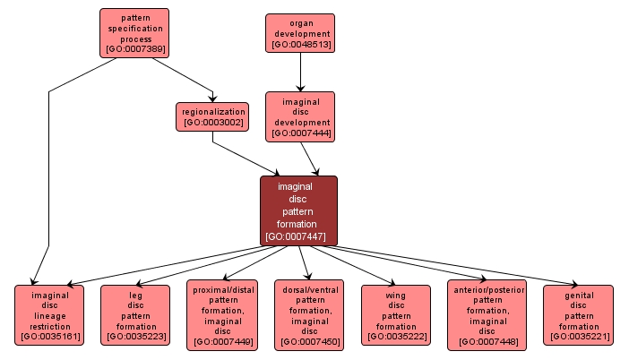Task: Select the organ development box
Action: [300, 33]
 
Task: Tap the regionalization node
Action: [212, 116]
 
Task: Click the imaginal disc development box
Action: [299, 116]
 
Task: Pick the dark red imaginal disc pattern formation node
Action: [298, 210]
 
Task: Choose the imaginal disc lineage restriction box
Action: [49, 315]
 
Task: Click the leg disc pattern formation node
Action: [135, 315]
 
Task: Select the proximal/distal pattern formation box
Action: [222, 314]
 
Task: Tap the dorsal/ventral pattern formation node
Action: [308, 314]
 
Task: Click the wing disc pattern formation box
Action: [395, 315]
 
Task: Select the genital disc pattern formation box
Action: [578, 315]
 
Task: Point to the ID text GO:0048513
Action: [300, 44]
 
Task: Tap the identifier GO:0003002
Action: [212, 122]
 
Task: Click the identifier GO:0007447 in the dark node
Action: [298, 237]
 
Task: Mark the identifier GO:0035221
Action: [578, 337]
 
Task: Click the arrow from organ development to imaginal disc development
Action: [300, 72]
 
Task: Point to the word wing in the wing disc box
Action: [395, 295]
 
